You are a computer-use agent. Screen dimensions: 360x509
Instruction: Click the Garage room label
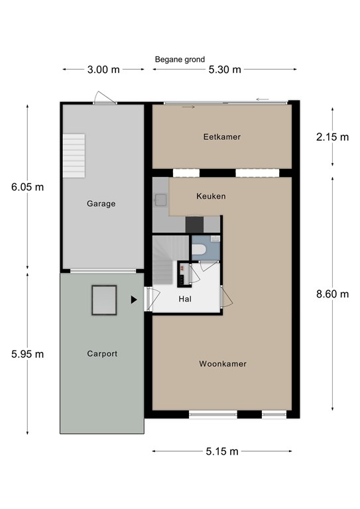[101, 203]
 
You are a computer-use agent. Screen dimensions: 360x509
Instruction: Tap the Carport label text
[102, 353]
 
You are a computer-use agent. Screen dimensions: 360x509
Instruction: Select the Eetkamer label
[222, 137]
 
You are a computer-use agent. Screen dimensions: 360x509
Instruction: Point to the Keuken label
[211, 196]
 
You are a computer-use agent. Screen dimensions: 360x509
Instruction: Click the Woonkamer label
[223, 364]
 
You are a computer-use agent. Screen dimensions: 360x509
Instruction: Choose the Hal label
[185, 299]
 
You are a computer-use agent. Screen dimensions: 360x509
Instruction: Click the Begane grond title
[180, 60]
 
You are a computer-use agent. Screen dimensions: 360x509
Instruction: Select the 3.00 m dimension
[103, 70]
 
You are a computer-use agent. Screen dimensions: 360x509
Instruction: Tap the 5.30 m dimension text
[225, 70]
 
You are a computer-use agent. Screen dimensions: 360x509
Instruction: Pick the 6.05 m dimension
[28, 187]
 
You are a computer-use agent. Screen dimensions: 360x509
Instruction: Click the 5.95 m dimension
[28, 354]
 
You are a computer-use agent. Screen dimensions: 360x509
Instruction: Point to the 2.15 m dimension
[332, 137]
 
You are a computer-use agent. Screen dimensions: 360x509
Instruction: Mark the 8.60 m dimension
[332, 294]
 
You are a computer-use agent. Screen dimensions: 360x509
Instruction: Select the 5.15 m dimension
[222, 451]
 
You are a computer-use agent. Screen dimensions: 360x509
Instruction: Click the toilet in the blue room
[199, 250]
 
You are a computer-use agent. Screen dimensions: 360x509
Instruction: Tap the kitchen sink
[160, 200]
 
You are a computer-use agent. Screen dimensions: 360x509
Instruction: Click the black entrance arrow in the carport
[134, 300]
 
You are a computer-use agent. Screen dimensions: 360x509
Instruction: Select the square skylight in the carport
[104, 300]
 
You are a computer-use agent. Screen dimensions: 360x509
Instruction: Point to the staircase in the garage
[74, 156]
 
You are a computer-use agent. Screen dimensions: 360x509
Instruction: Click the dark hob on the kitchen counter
[194, 225]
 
